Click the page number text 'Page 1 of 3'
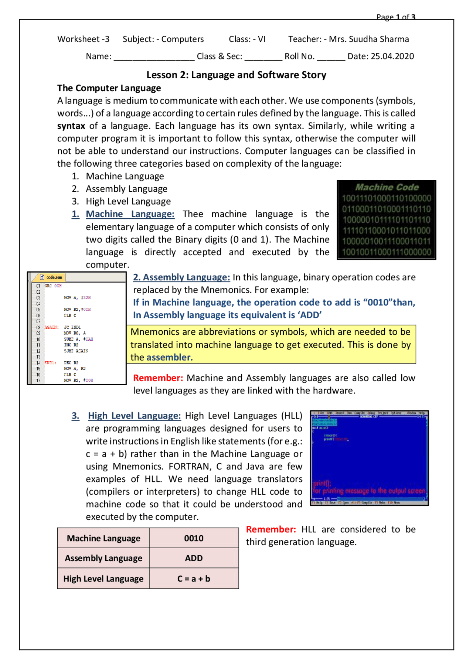[x=395, y=17]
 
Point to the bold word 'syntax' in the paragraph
[x=71, y=126]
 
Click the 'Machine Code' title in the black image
[x=387, y=187]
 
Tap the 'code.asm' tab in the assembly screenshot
[x=54, y=277]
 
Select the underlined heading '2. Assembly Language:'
[x=181, y=277]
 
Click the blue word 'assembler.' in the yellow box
[x=169, y=358]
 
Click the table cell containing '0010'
[x=194, y=538]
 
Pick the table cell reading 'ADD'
[x=194, y=558]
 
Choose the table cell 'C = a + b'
[x=194, y=579]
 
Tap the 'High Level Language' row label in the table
[x=103, y=579]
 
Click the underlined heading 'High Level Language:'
[x=134, y=416]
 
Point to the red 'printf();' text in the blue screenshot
[x=322, y=483]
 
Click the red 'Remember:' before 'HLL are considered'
[x=270, y=530]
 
